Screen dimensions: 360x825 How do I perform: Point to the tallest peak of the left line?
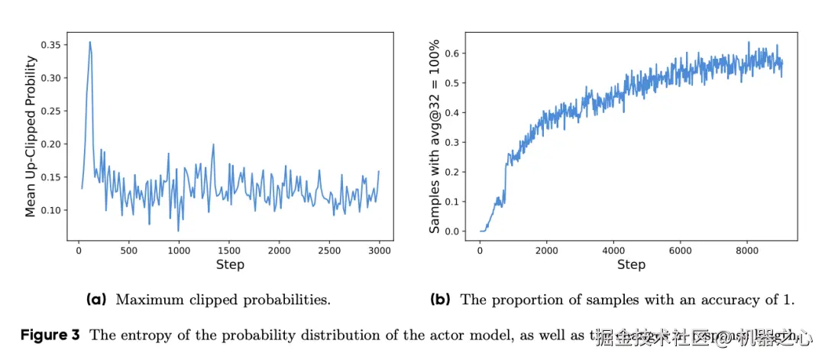coord(90,43)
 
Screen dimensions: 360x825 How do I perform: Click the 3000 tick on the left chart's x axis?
coord(380,250)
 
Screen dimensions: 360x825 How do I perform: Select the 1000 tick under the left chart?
coord(179,250)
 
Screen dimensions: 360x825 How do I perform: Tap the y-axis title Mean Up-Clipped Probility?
coord(31,135)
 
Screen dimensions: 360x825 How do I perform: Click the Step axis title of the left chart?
coord(230,264)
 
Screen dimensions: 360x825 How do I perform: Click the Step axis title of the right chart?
coord(631,264)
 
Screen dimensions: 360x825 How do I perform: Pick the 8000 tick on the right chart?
coord(747,250)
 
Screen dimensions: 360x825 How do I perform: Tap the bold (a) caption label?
coord(97,300)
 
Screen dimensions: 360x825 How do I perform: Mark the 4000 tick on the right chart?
coord(613,250)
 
